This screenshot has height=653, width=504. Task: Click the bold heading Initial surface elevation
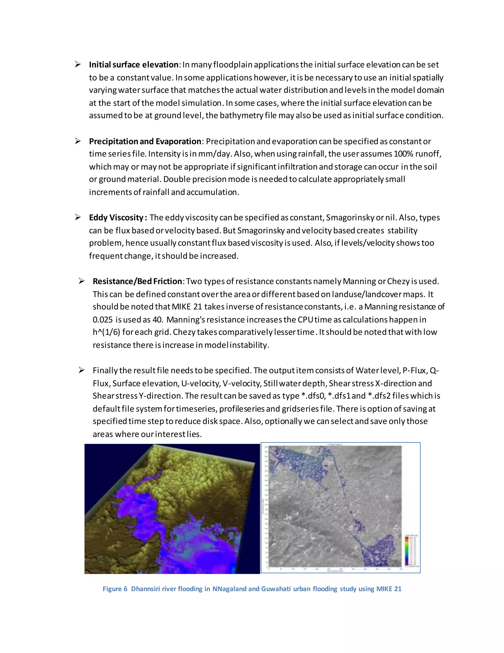(x=133, y=65)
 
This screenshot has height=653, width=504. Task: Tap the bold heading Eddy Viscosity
(x=118, y=218)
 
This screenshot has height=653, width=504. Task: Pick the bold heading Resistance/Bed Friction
(x=137, y=281)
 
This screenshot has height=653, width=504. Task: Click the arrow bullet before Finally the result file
(x=81, y=370)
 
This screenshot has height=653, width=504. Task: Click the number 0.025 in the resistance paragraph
(x=102, y=320)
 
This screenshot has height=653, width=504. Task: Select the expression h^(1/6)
(x=106, y=332)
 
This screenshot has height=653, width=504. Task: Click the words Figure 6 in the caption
(x=115, y=589)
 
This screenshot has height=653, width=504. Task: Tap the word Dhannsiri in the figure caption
(x=145, y=589)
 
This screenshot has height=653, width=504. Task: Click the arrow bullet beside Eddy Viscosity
(x=78, y=217)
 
